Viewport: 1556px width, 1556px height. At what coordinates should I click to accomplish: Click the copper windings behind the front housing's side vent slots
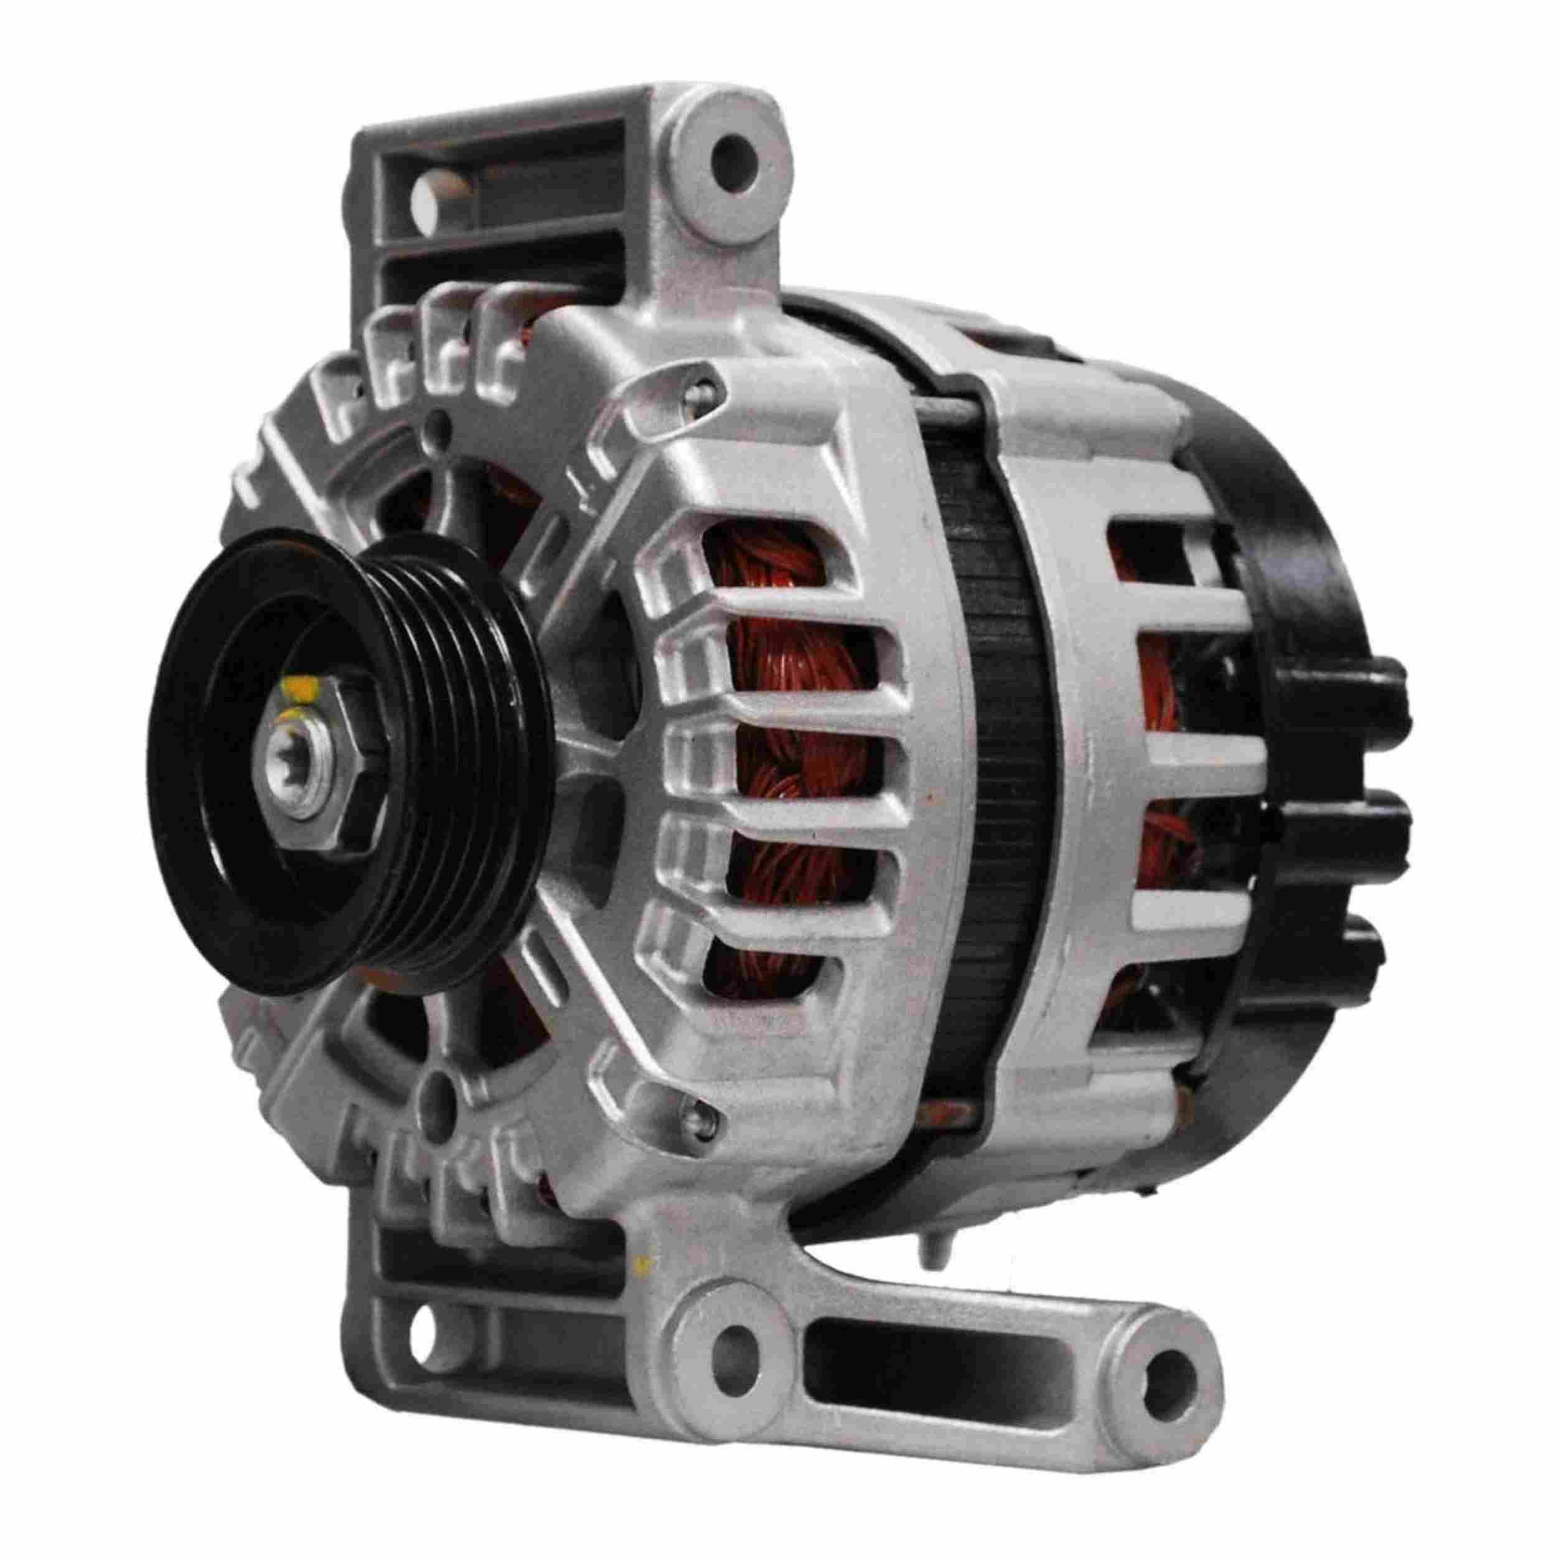(x=797, y=757)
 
